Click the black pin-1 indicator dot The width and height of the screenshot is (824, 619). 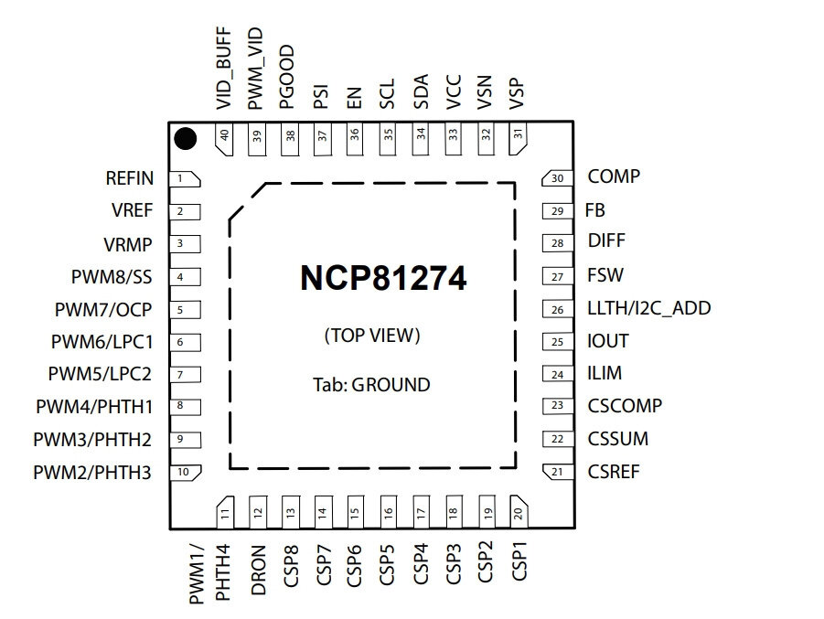pos(186,139)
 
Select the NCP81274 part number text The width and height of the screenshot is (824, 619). pos(383,278)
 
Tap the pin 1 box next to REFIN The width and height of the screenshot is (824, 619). pos(185,178)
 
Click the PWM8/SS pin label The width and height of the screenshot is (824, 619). pos(112,277)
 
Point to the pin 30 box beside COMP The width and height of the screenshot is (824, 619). pos(557,178)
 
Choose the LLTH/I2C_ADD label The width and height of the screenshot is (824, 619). pos(649,308)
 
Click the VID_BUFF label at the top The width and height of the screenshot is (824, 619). pos(224,69)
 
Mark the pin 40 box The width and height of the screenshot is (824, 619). pos(225,139)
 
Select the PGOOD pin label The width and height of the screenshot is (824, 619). pos(287,77)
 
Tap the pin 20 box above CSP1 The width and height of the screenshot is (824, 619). pos(519,511)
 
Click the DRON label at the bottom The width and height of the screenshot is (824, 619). pos(258,571)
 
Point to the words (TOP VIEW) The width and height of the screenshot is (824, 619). pos(372,336)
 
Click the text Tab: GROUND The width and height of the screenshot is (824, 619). pos(371,385)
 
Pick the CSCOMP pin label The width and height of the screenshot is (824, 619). pos(625,406)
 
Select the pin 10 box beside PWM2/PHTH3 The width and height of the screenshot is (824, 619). pos(185,472)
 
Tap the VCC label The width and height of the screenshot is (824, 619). pos(454,92)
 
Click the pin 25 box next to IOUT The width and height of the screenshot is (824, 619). pos(558,342)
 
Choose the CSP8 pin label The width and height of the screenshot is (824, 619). pos(291,566)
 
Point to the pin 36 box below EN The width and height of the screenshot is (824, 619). pos(354,139)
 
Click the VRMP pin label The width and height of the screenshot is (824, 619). pos(128,245)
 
